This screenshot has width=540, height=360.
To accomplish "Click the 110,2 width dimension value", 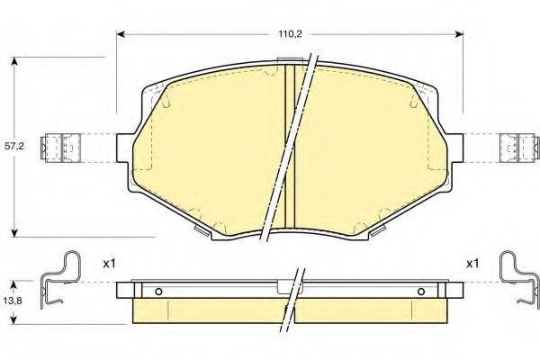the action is (x=288, y=34).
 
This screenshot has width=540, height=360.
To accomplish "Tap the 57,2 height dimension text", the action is (x=14, y=146).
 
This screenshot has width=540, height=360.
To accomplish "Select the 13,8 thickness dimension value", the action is (x=13, y=301).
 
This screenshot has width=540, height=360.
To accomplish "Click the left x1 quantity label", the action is (x=109, y=264).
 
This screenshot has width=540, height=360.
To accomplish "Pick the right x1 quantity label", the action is (x=472, y=264).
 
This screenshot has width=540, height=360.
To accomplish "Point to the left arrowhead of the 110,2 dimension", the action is (x=121, y=34).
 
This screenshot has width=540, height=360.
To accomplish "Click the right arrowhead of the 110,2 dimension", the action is (x=459, y=34).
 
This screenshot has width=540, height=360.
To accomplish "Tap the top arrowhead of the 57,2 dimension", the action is (x=14, y=61).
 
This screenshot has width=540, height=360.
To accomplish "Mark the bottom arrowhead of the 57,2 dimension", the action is (x=14, y=233).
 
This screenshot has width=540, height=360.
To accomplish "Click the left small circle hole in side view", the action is (x=158, y=292).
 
